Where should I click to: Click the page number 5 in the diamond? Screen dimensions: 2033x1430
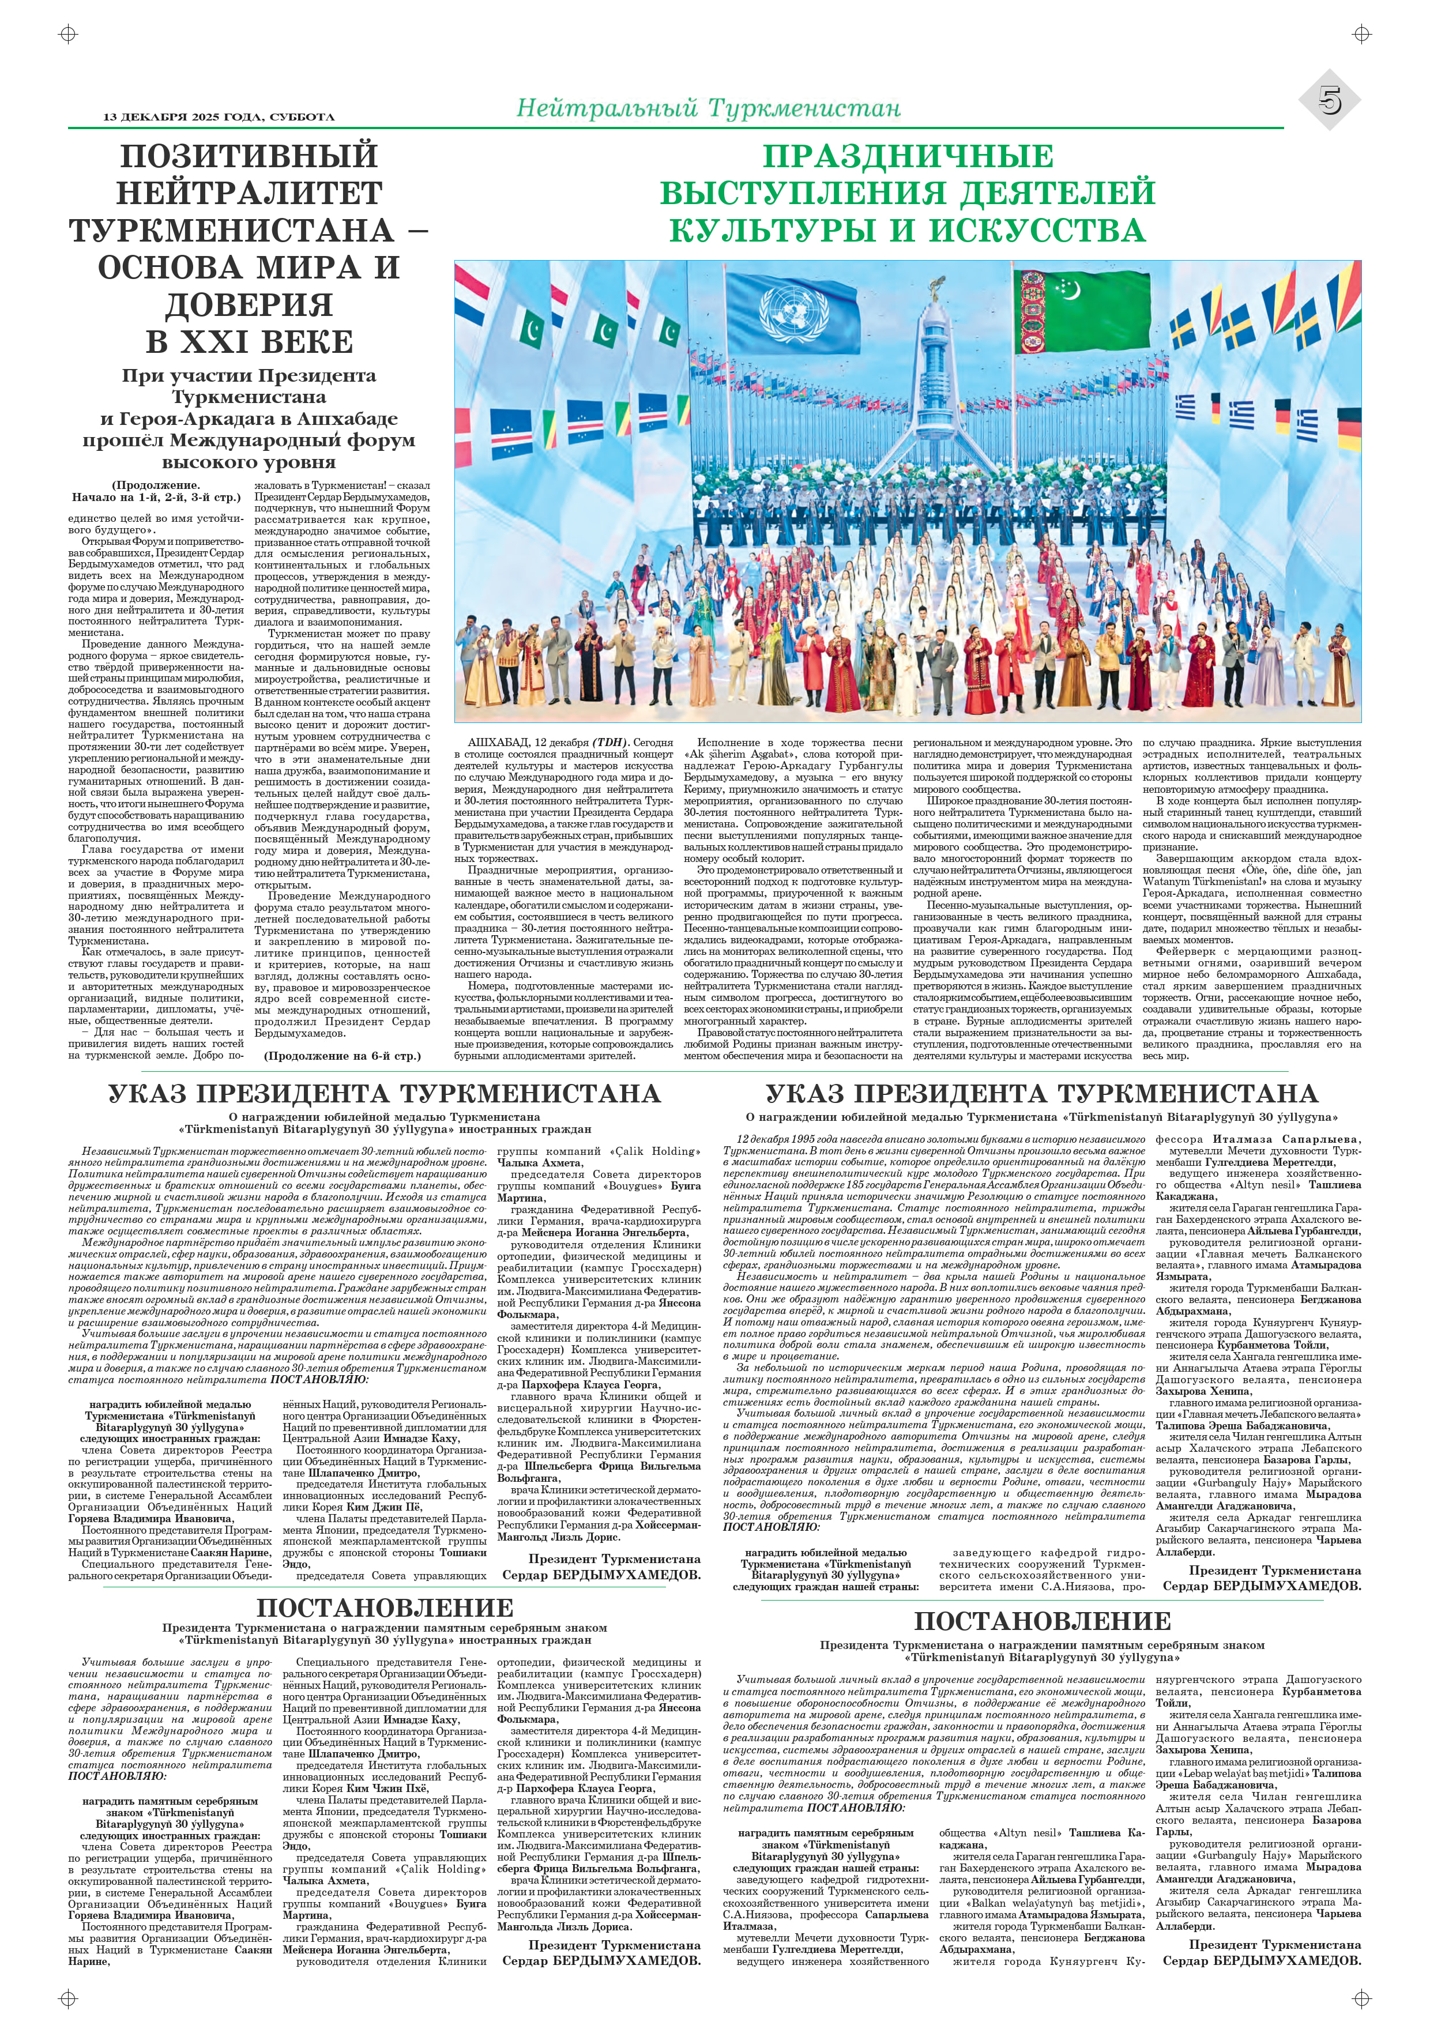tap(1330, 101)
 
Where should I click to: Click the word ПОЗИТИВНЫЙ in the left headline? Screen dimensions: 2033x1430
tap(249, 156)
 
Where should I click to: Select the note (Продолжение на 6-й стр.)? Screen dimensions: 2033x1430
tap(343, 1056)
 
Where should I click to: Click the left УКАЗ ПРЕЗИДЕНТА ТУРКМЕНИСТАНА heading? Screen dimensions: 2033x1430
tap(384, 1094)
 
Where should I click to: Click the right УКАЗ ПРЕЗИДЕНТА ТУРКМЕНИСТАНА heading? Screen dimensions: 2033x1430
tap(1041, 1094)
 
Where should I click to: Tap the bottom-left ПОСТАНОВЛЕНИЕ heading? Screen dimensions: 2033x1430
tap(384, 1607)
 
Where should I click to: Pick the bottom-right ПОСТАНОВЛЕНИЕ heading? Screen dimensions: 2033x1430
tap(1041, 1620)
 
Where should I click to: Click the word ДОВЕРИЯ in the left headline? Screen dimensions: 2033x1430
tap(249, 304)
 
